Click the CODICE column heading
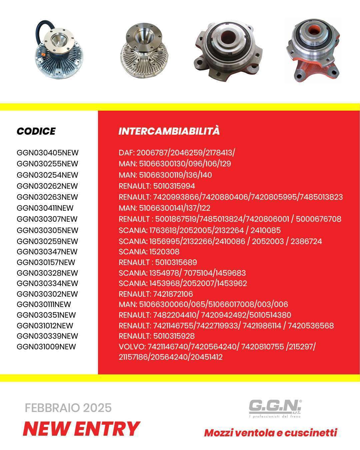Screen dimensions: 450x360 tap(36, 131)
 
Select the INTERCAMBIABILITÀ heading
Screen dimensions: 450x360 tap(169, 131)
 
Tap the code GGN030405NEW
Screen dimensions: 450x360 tap(47, 153)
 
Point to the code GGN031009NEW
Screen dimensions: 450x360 tap(46, 347)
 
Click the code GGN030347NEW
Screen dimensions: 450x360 tap(47, 252)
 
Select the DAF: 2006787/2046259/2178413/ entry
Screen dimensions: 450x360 tap(177, 153)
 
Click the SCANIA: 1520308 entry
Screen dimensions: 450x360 tap(149, 252)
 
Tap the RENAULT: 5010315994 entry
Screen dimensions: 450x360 tap(157, 186)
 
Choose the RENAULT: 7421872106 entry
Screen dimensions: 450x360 tap(156, 294)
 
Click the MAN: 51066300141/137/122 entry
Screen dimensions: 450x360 tap(164, 208)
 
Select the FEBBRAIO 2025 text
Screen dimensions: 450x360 tap(68, 408)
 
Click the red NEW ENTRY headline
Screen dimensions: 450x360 tap(81, 429)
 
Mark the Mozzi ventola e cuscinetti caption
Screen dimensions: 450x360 tap(270, 433)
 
